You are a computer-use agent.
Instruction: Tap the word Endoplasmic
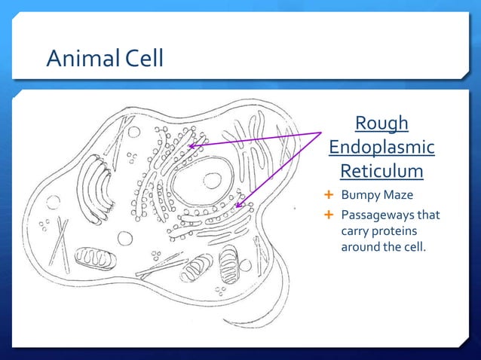pyautogui.click(x=381, y=147)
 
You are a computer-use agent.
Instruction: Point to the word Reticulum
pyautogui.click(x=381, y=172)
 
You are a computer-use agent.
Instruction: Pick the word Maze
pyautogui.click(x=395, y=197)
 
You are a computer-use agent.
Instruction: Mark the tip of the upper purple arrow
pyautogui.click(x=189, y=145)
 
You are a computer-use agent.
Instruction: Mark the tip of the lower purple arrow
pyautogui.click(x=236, y=206)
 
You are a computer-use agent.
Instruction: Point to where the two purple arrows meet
pyautogui.click(x=322, y=133)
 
